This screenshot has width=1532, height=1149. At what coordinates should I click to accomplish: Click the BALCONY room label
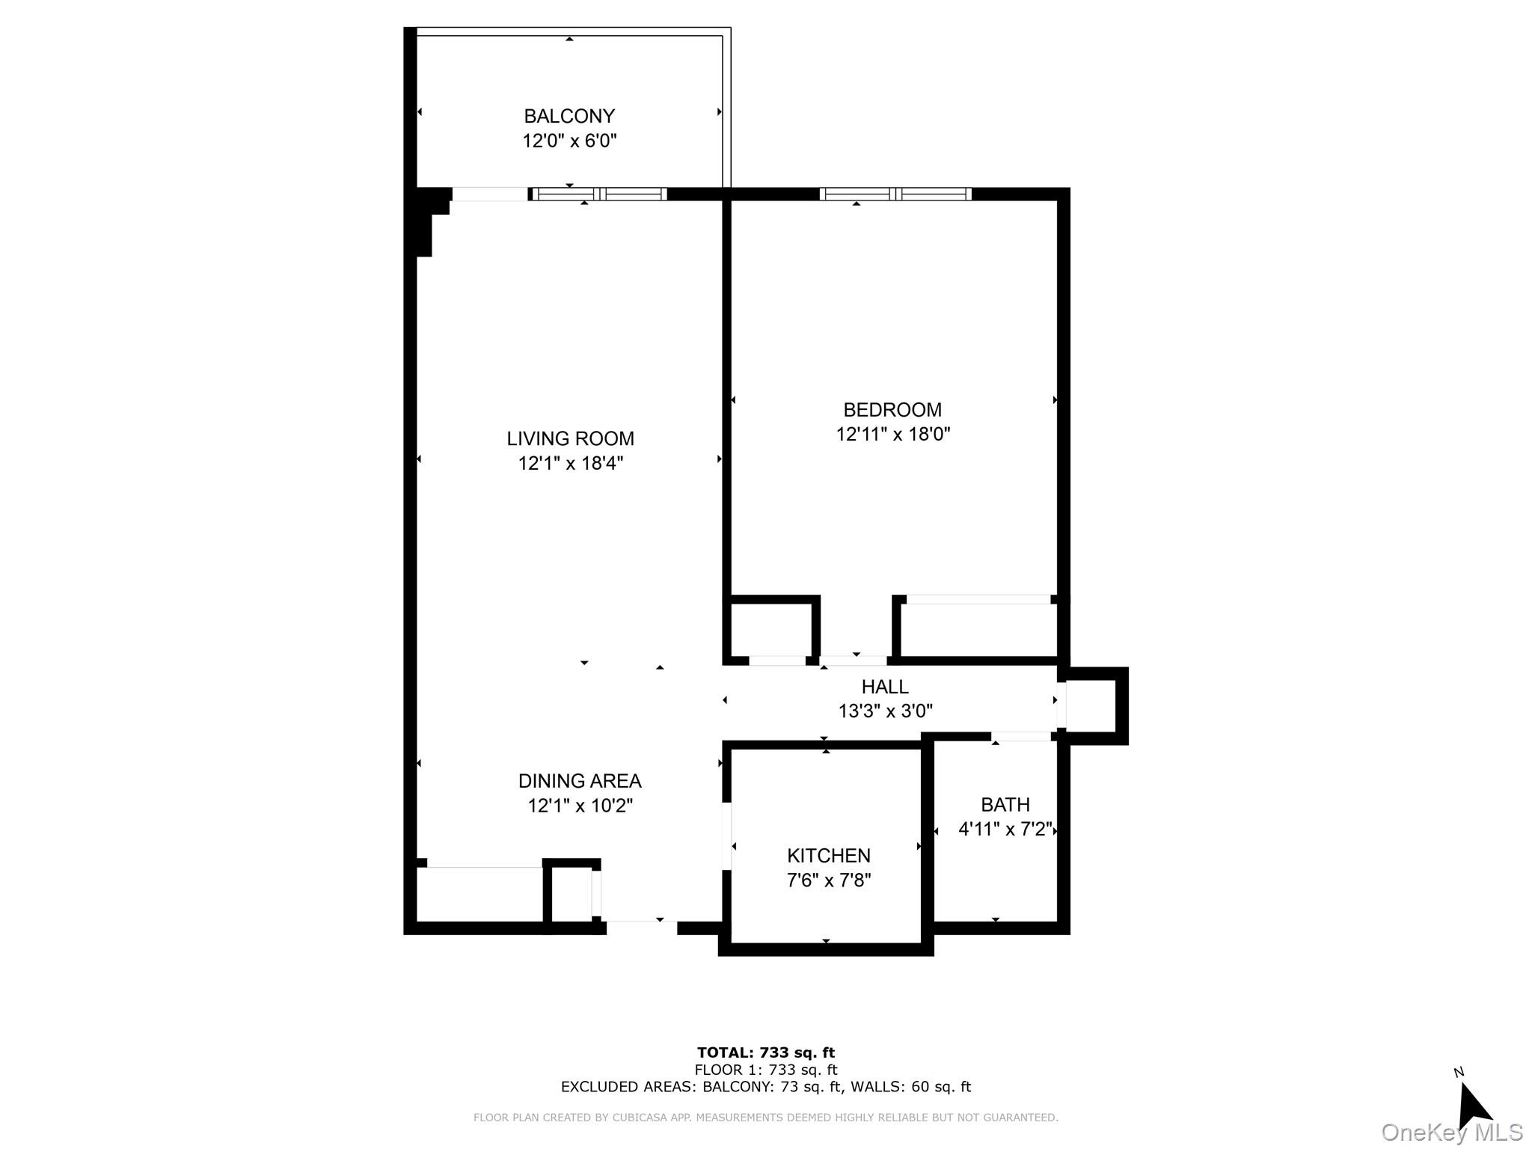point(569,116)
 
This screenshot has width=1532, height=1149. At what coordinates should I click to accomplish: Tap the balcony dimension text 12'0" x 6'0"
point(569,141)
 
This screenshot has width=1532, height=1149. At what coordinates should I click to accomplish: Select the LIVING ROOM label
point(570,438)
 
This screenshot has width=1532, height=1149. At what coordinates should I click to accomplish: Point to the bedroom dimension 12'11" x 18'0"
point(892,434)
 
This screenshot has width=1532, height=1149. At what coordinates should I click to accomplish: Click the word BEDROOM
point(892,410)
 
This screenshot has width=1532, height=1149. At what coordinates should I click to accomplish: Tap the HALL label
point(884,687)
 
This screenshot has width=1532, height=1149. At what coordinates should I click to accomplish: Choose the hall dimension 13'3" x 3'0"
point(885,711)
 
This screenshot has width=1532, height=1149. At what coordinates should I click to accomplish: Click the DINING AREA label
point(580,781)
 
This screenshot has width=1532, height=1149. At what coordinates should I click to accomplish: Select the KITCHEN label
point(828,856)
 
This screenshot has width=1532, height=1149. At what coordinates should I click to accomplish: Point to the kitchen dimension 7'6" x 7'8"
point(828,880)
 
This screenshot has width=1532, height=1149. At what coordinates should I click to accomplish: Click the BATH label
point(1005,805)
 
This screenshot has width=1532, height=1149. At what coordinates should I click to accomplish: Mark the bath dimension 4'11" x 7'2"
point(1005,829)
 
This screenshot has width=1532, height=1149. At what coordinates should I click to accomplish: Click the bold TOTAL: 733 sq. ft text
point(765,1053)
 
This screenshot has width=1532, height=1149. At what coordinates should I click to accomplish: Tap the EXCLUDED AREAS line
point(765,1087)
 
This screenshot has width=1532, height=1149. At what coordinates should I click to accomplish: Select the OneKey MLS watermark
point(1451,1133)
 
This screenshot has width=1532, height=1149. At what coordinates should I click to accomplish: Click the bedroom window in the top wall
point(895,194)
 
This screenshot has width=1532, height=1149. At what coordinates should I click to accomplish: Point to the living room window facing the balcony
point(598,194)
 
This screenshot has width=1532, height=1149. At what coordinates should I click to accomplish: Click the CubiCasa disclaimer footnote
point(765,1118)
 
